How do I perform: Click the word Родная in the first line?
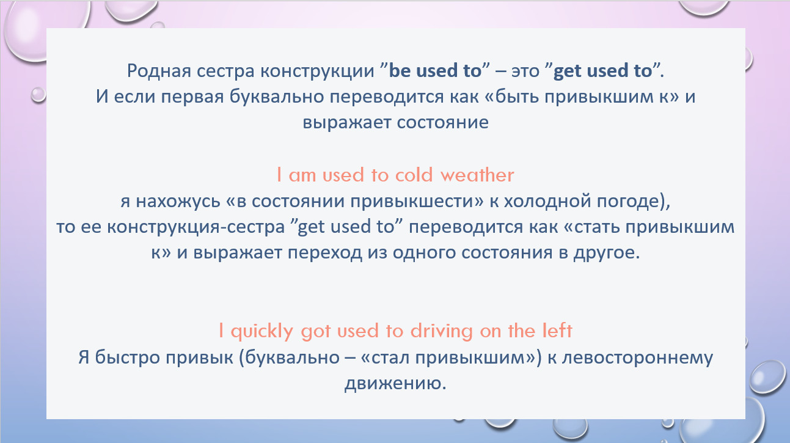[x=159, y=71]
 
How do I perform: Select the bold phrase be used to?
[x=435, y=70]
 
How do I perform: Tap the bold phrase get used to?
[x=602, y=71]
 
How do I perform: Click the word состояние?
[x=442, y=123]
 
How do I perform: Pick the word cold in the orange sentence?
[x=414, y=175]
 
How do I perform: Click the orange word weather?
[x=477, y=175]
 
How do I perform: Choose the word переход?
[x=325, y=253]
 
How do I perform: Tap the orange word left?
[x=557, y=331]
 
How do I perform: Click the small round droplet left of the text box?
[x=38, y=95]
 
